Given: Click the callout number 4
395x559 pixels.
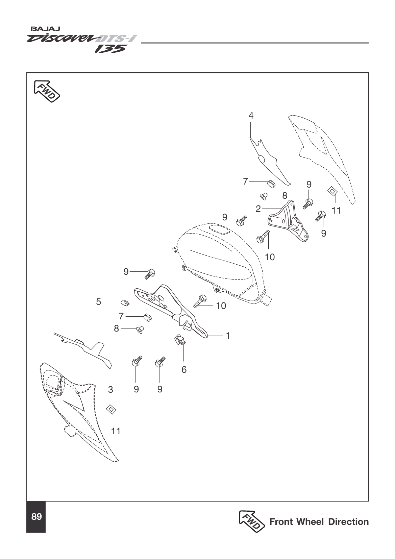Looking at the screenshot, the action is point(251,116).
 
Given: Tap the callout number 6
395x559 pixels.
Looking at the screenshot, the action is point(184,370).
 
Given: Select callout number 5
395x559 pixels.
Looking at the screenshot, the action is point(99,302).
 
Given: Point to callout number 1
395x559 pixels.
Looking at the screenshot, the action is point(227,336).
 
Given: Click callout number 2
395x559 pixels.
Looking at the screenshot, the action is point(258,209).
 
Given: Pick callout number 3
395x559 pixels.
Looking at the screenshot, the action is point(110,389).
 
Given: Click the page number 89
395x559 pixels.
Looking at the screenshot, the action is point(36,516).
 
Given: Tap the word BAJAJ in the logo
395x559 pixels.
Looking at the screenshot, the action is point(45,29).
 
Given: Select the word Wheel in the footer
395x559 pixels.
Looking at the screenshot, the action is point(310,522).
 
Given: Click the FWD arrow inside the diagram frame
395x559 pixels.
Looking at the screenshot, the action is point(47,91).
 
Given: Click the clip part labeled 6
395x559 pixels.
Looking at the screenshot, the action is point(180,339).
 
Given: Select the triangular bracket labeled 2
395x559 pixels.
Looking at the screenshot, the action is point(288,221).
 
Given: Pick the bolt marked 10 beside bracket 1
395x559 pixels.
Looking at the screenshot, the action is point(200,301).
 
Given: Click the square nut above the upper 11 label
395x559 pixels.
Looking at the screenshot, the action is point(332,191).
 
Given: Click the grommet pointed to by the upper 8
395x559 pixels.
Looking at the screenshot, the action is point(264,196).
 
